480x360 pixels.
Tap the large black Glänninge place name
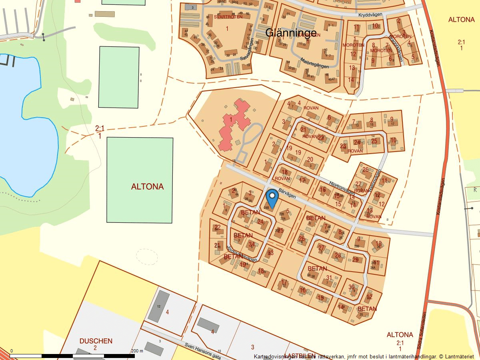pyautogui.click(x=291, y=33)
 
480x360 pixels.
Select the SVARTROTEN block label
pyautogui.click(x=228, y=17)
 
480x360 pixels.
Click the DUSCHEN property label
pyautogui.click(x=96, y=341)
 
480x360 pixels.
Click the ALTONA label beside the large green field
pyautogui.click(x=147, y=187)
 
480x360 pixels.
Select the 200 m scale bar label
pyautogui.click(x=138, y=351)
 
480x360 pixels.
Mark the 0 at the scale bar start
pyautogui.click(x=11, y=351)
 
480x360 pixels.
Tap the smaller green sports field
pyautogui.click(x=118, y=77)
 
